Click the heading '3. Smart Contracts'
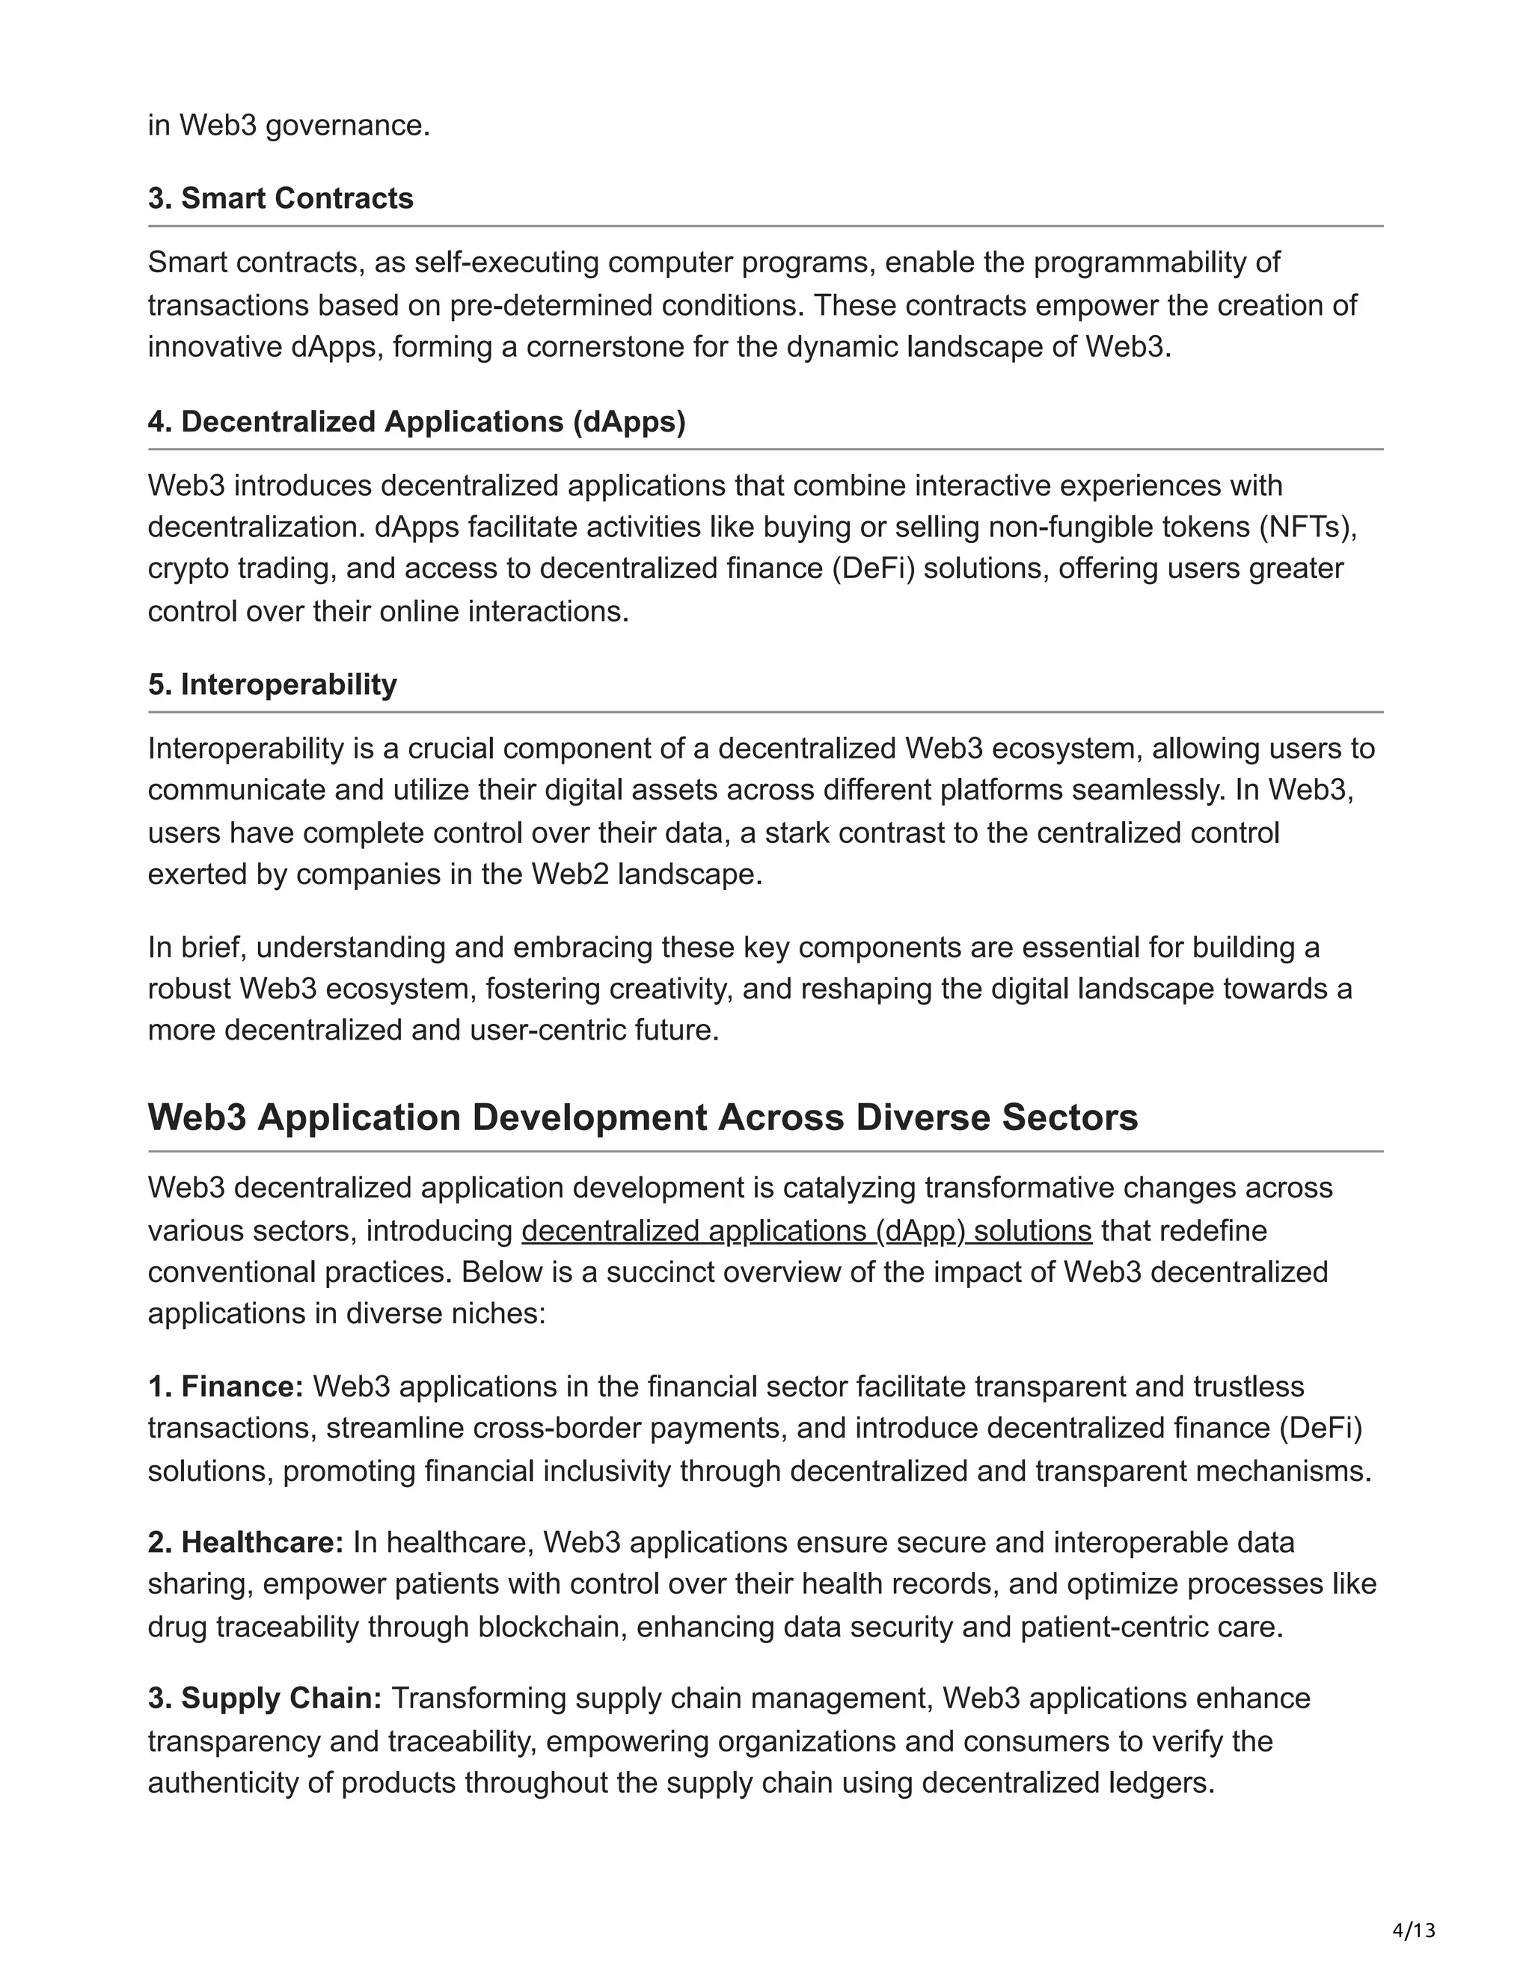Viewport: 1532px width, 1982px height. [x=281, y=198]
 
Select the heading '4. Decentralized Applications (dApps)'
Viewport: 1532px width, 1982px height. [x=417, y=421]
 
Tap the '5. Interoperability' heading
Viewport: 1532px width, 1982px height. [x=272, y=684]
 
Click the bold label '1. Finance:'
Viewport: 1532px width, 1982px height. [x=226, y=1386]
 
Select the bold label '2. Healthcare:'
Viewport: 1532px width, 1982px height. [x=246, y=1542]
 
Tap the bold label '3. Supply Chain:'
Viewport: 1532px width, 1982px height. [x=265, y=1698]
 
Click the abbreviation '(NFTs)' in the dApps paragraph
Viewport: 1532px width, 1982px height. [x=1306, y=527]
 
